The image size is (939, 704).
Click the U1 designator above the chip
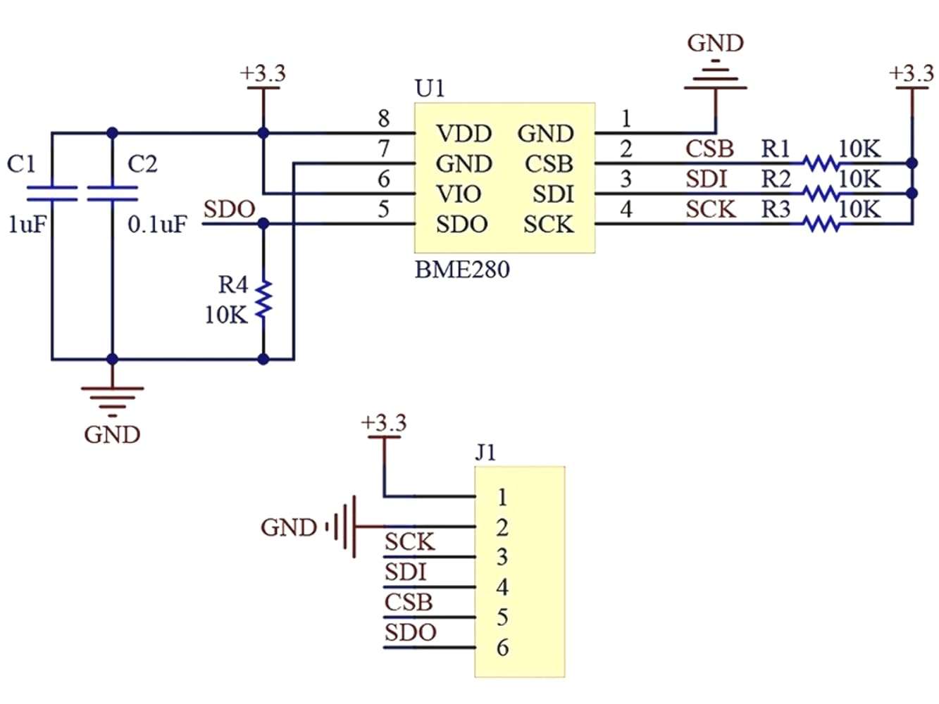coord(430,89)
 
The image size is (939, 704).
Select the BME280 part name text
coord(461,270)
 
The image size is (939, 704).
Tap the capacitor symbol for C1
coord(51,194)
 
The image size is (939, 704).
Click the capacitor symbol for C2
coord(112,194)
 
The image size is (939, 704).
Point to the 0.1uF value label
coord(158,225)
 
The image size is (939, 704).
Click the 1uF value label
coord(27,225)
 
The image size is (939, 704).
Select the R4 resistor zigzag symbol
coord(263,298)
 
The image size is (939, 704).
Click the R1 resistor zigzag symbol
coord(821,163)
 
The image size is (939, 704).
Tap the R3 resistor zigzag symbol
coord(821,224)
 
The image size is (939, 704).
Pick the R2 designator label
coord(776,180)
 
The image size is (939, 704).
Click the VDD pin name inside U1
coord(464,134)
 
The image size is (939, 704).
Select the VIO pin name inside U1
coord(459,194)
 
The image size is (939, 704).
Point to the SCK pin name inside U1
coord(548,225)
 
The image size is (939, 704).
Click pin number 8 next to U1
coord(383,118)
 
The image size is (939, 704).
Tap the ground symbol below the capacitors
coord(112,398)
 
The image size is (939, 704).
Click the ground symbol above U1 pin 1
coord(716,77)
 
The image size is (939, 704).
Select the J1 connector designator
coord(485,452)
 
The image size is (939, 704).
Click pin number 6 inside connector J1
coord(502,647)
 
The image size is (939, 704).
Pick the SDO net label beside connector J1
coord(410,633)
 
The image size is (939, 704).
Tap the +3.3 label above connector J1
coord(383,423)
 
